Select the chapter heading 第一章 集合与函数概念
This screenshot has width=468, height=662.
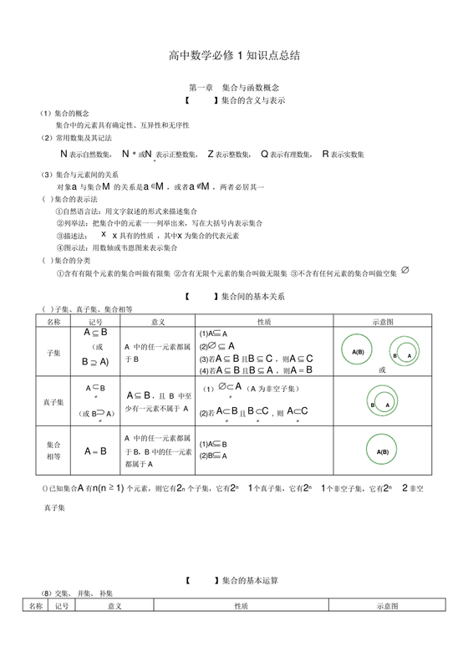[233, 88]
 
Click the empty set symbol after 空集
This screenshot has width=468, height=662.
[404, 271]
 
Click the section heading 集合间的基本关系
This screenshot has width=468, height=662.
[252, 297]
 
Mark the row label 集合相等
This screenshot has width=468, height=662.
[53, 451]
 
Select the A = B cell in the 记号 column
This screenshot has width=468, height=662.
[95, 451]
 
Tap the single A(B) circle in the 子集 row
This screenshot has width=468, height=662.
[359, 351]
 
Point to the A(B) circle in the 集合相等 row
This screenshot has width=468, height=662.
[383, 451]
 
